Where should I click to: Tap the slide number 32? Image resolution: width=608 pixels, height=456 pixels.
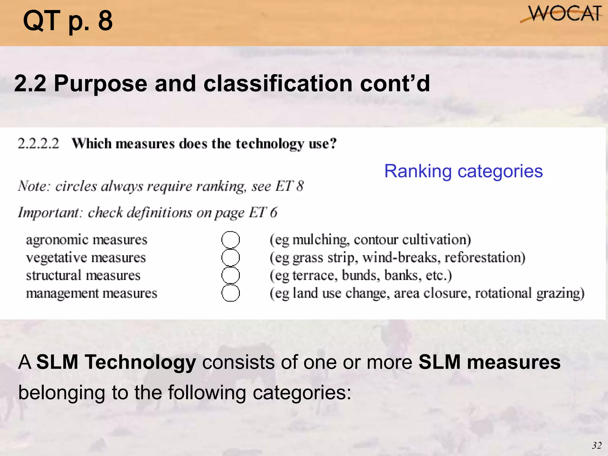click(597, 446)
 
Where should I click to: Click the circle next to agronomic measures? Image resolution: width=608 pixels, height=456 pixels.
click(230, 240)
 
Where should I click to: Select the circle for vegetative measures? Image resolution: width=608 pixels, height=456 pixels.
click(230, 257)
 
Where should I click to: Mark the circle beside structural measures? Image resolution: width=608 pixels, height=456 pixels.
click(230, 275)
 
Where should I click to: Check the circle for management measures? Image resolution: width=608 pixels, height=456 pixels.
click(230, 293)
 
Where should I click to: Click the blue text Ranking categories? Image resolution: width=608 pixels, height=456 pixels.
click(463, 171)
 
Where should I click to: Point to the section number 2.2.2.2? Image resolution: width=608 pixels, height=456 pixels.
click(39, 144)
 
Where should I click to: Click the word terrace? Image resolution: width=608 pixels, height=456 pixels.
click(315, 275)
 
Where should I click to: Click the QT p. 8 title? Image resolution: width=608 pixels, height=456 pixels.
click(68, 21)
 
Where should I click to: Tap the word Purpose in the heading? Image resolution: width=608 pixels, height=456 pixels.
click(101, 84)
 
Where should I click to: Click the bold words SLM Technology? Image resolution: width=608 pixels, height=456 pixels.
click(116, 362)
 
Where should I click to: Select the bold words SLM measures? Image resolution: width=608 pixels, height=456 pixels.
click(489, 362)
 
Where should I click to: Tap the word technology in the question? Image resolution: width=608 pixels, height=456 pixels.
click(270, 144)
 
